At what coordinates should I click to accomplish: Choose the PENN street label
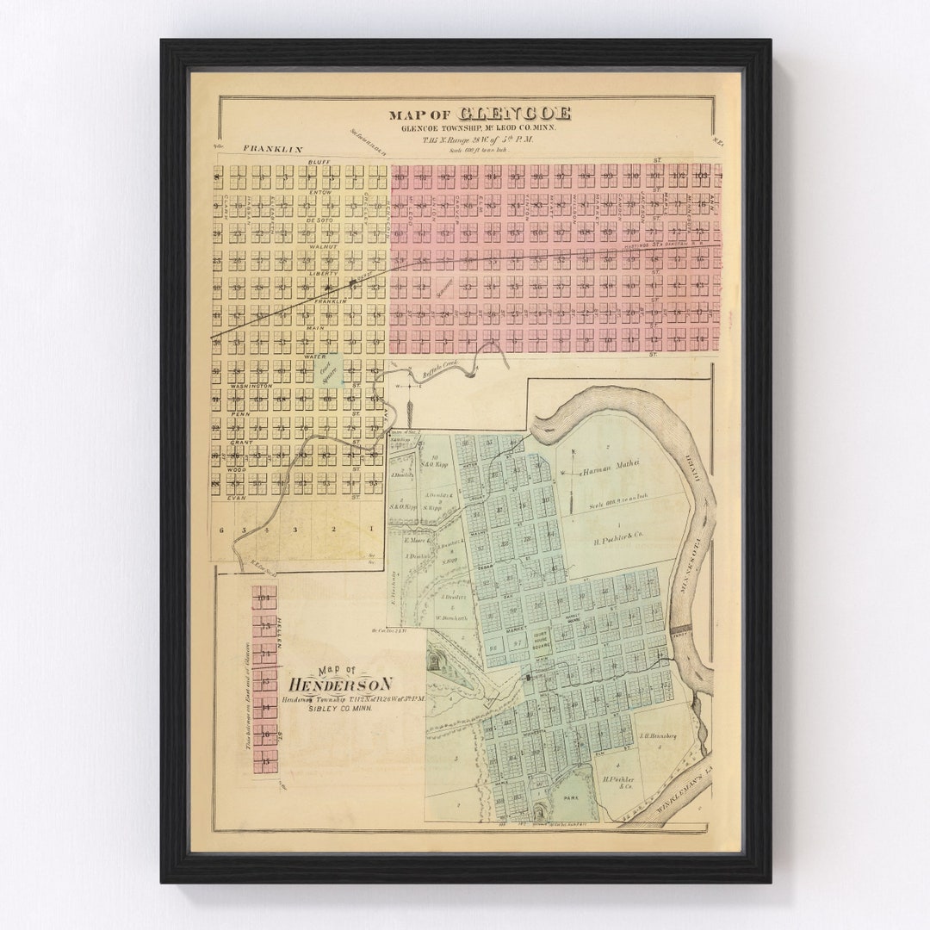(240, 414)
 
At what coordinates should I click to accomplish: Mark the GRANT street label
(240, 442)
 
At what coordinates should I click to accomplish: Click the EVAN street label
(237, 498)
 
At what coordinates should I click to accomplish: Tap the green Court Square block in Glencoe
(329, 371)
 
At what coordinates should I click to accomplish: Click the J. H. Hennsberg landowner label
(659, 735)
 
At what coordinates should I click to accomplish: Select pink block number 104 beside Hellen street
(264, 594)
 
